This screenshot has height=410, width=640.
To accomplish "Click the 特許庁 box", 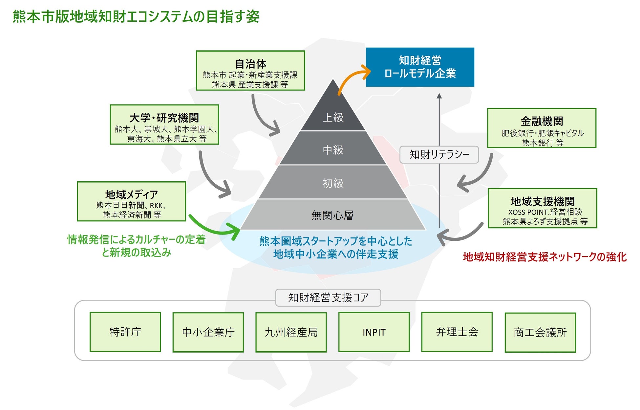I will point(125,332).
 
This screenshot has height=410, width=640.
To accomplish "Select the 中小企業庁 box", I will point(208,332).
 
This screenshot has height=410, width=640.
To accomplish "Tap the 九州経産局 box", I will point(291,332).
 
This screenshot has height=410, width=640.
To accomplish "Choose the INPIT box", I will point(374,332).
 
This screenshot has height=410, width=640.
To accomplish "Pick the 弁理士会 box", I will point(457,332).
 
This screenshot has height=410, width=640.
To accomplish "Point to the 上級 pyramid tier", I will point(333,117).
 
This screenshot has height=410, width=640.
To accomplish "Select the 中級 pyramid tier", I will point(333,150).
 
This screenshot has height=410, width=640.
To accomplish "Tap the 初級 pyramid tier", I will point(333,183).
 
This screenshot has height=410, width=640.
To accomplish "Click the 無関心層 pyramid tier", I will point(332,215).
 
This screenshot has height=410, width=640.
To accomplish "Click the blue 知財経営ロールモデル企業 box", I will point(420,67).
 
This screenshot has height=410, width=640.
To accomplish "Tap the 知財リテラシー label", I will point(439,154).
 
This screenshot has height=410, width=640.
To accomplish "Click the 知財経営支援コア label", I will point(328,297).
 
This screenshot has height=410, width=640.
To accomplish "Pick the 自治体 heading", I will point(251,64).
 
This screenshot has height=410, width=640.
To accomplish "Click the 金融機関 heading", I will point(542,121).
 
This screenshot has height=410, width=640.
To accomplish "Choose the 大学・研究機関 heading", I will point(164,118).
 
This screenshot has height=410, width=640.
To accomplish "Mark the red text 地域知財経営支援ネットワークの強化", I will point(545,257).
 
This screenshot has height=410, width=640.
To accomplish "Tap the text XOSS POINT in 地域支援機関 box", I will point(528,212).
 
